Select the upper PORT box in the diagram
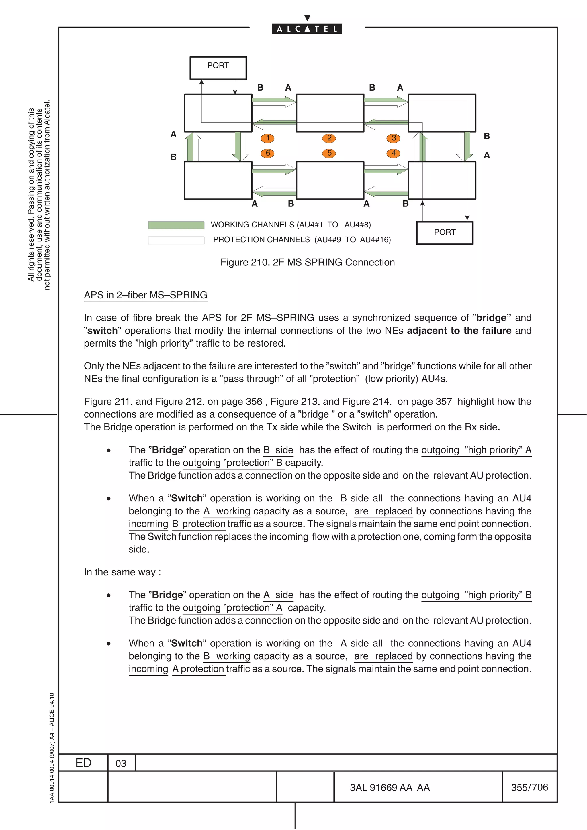tap(218, 68)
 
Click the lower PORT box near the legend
tap(445, 233)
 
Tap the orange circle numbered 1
tap(268, 138)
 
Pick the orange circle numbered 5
tap(329, 153)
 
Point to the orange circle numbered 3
tap(394, 138)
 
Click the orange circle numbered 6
tap(268, 153)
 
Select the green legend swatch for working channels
tap(176, 225)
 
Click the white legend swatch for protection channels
tap(176, 240)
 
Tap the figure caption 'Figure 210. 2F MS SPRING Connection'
tap(308, 262)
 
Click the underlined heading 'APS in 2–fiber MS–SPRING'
tap(145, 295)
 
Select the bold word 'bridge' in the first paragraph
tap(493, 318)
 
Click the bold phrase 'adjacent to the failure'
tap(459, 331)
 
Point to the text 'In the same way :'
tap(122, 572)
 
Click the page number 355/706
tap(529, 787)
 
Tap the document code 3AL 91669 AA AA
tap(390, 787)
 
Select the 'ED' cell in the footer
tap(83, 763)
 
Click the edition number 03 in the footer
tap(121, 764)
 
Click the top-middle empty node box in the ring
tap(330, 113)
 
